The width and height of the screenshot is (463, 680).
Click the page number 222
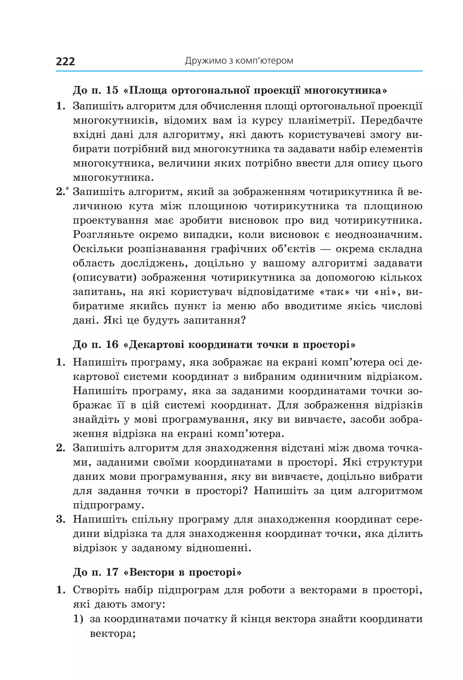point(65,61)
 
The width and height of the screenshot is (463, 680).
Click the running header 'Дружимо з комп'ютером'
point(239,61)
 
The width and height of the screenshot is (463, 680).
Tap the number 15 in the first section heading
point(112,90)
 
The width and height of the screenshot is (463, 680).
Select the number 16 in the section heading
point(112,345)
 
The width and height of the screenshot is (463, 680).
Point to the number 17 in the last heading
point(112,572)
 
